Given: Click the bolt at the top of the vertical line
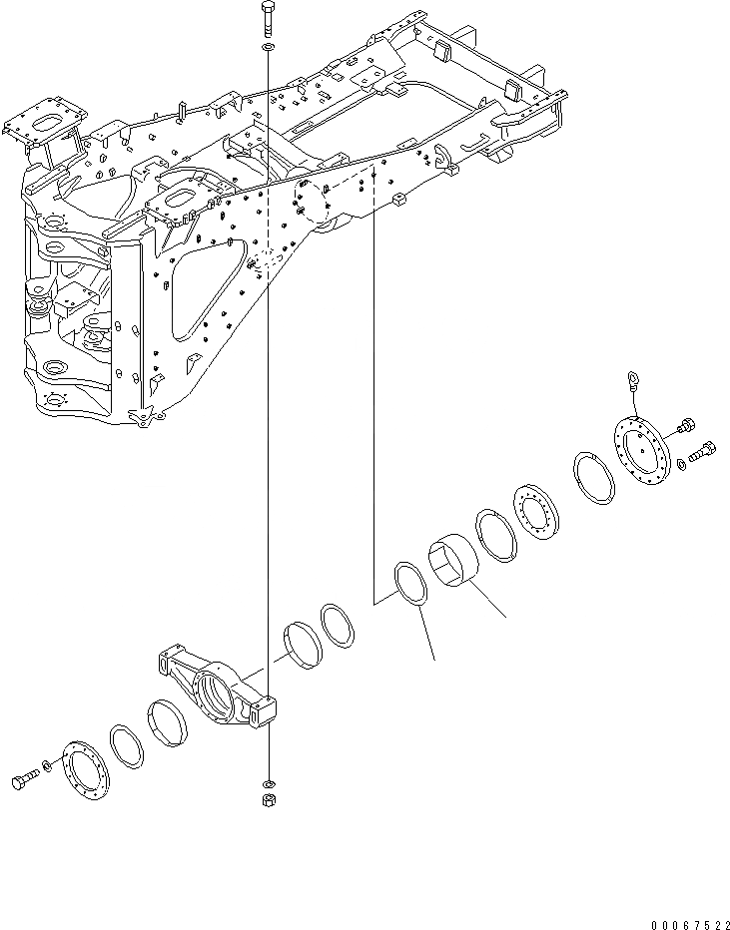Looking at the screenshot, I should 269,19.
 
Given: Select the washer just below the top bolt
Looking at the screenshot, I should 269,48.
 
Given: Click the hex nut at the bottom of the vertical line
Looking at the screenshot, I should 270,799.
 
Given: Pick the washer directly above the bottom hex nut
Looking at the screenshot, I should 270,780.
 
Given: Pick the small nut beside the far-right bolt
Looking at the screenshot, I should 682,463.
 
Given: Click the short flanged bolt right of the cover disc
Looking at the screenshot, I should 685,428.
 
